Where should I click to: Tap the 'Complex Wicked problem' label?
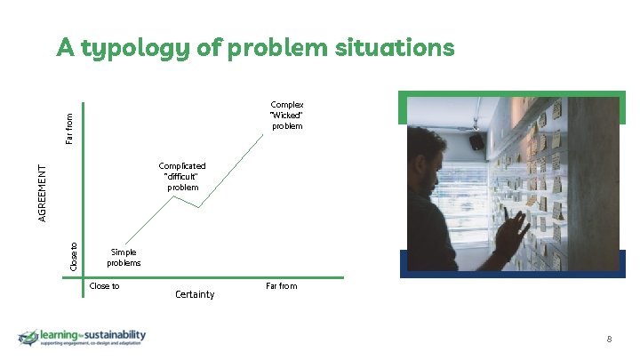(287, 115)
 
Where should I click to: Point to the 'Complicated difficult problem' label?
(182, 176)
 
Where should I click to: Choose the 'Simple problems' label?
(124, 258)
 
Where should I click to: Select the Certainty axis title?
(195, 294)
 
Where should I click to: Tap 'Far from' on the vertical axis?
(70, 124)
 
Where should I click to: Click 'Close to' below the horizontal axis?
(104, 286)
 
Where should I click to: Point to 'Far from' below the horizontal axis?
(281, 286)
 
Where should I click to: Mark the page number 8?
(609, 339)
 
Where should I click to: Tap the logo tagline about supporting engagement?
(92, 344)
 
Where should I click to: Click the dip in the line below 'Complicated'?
(198, 207)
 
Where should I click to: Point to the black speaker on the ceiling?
(476, 141)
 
